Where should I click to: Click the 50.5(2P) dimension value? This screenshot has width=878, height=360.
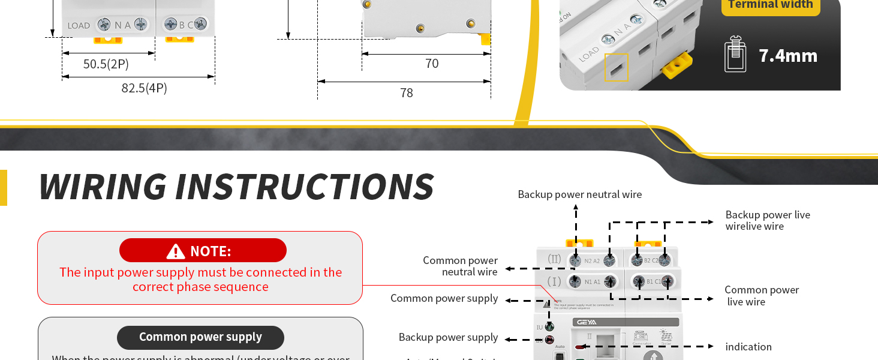[x=106, y=64]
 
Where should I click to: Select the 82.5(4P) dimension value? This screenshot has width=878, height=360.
[x=144, y=88]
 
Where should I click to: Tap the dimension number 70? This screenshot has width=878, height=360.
[x=432, y=64]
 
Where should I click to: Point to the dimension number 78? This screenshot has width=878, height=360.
[x=406, y=93]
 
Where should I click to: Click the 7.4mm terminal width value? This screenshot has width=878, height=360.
[x=788, y=56]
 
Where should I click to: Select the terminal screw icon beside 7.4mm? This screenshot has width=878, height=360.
[x=735, y=55]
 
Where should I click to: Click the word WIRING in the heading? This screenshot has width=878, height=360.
[x=103, y=187]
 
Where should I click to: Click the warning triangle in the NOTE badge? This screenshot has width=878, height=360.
[x=176, y=251]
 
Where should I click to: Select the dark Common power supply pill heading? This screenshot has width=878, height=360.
[x=200, y=337]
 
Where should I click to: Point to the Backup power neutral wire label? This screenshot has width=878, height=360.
[x=579, y=194]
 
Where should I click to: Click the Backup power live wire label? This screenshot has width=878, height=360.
[x=767, y=220]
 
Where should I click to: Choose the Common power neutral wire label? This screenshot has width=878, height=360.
[x=460, y=266]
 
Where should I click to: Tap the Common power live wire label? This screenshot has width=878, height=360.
[x=761, y=296]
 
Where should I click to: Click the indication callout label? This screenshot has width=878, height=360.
[x=748, y=347]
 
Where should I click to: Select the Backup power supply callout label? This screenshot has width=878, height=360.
[x=448, y=337]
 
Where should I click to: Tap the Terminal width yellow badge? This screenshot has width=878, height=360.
[x=770, y=5]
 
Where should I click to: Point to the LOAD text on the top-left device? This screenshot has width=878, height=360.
[x=79, y=26]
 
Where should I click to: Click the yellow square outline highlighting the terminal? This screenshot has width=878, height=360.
[x=616, y=67]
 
